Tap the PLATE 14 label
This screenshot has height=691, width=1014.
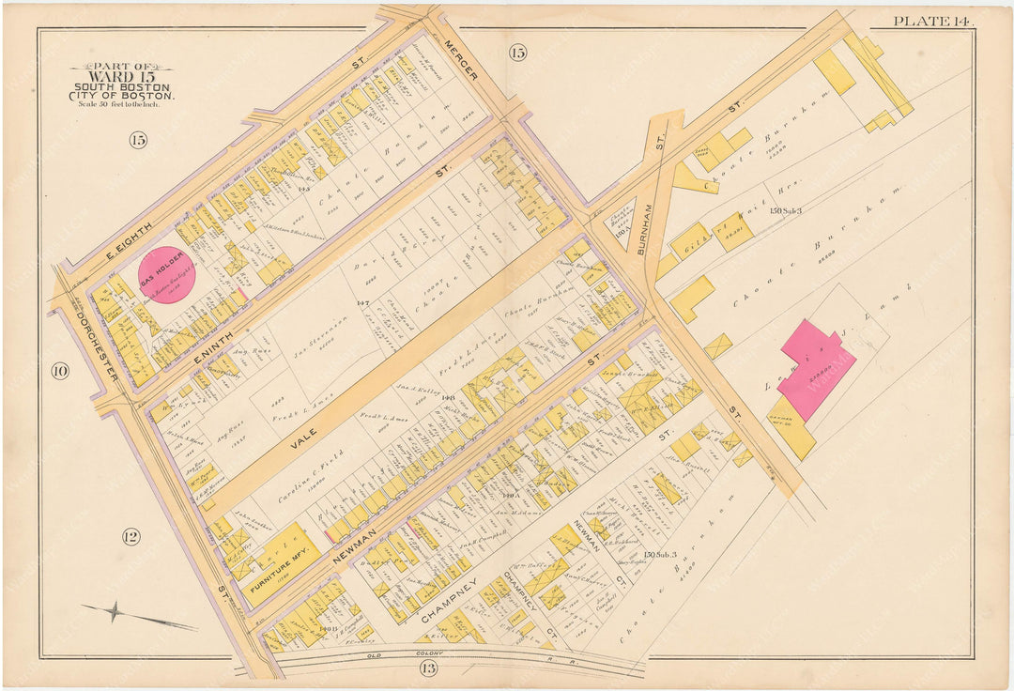932,21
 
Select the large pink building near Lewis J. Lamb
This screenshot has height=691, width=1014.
814,367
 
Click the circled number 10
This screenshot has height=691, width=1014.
60,371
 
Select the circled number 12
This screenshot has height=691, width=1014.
131,536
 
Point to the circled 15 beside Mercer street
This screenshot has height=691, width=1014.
517,53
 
